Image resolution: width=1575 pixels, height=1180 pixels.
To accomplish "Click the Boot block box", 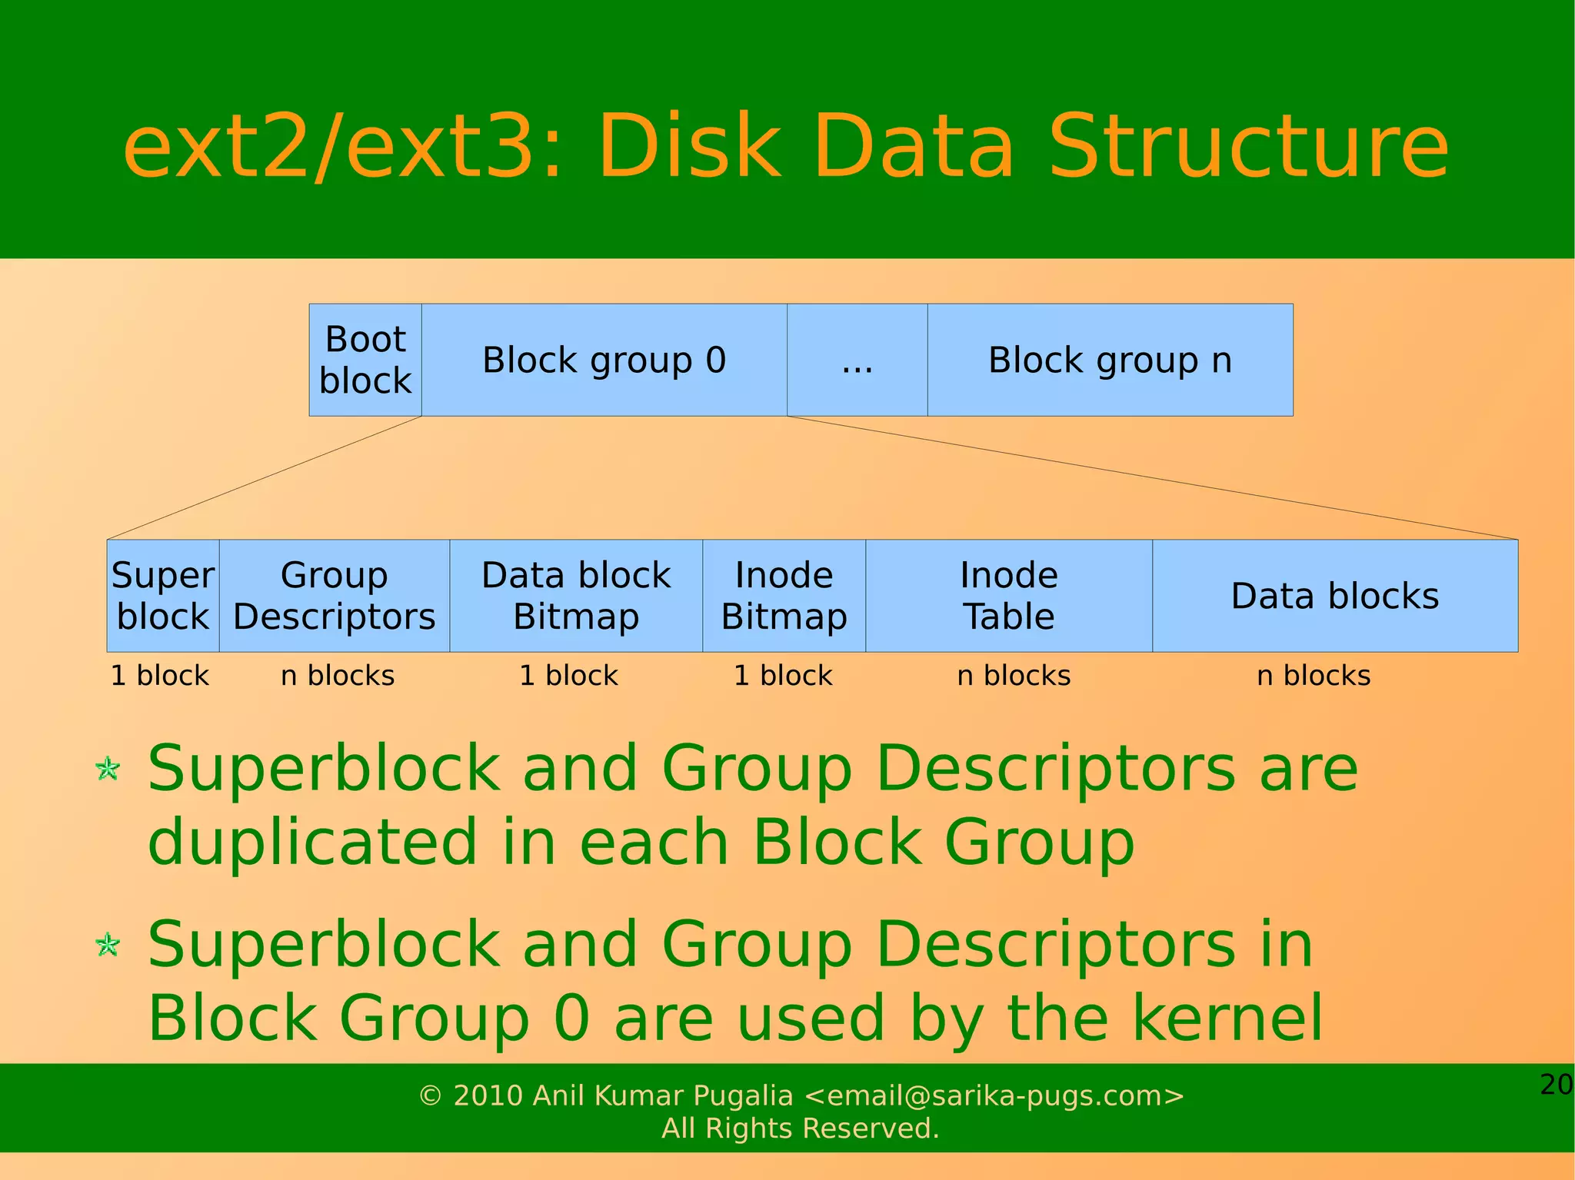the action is [x=365, y=360].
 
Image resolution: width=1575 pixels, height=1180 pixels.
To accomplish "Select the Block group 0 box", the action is [x=604, y=360].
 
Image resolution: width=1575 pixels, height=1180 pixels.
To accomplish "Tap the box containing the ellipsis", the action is [x=857, y=360].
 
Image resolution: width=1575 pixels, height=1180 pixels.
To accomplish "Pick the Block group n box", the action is [x=1110, y=360].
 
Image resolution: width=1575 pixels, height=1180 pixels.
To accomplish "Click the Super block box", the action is [x=163, y=596].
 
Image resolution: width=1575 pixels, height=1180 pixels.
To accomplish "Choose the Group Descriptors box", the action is [x=334, y=596].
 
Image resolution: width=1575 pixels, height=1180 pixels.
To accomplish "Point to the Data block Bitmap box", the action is [x=576, y=596].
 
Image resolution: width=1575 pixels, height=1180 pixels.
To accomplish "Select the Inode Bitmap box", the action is [x=784, y=596].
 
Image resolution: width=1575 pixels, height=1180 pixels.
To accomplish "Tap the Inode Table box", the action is [x=1009, y=596].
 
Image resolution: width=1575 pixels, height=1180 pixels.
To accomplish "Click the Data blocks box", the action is [x=1335, y=596].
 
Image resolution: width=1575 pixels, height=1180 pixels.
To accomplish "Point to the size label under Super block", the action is [x=160, y=676].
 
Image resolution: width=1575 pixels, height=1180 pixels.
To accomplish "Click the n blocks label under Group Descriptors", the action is [x=338, y=676].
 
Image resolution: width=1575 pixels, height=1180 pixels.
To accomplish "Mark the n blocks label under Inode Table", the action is [x=1014, y=676].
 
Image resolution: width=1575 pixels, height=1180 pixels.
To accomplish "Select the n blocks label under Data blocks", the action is [x=1314, y=676].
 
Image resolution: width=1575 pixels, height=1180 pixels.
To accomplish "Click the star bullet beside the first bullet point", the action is [x=108, y=768].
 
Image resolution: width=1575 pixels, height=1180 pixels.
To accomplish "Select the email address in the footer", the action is [x=994, y=1095].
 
